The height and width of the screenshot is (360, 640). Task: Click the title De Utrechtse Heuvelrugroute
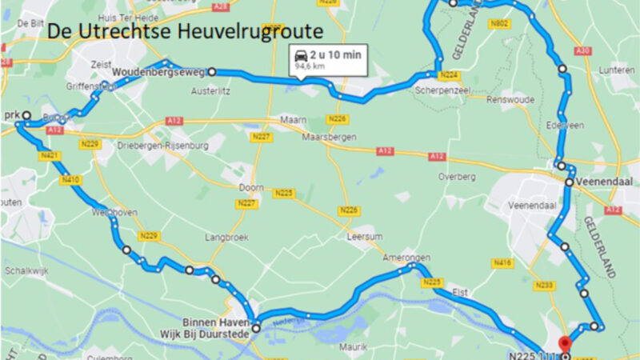click(185, 32)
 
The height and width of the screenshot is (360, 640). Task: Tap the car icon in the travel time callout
click(299, 56)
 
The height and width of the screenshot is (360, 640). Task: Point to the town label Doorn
click(250, 188)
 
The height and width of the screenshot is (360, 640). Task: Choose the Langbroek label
click(222, 238)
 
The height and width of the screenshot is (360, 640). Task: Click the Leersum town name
click(362, 238)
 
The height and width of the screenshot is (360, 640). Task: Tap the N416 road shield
click(502, 262)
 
